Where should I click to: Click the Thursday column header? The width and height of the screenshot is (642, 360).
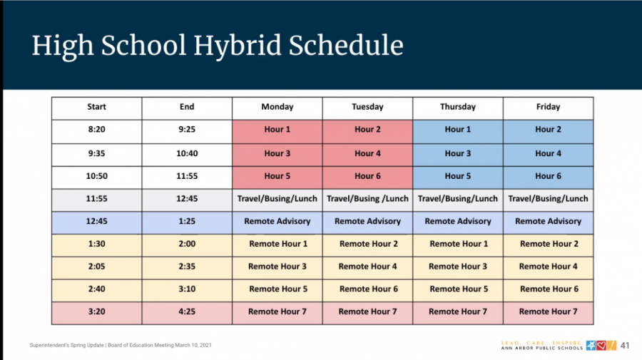[x=458, y=107]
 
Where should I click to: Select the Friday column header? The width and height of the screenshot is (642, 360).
[x=548, y=107]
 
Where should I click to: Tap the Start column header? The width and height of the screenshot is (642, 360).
[x=96, y=107]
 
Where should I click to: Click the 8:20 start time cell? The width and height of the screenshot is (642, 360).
[x=96, y=130]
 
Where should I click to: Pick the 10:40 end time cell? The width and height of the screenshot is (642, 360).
[x=187, y=153]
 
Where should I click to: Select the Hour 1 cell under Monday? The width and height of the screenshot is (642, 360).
[x=277, y=130]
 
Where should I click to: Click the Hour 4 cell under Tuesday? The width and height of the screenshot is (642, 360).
[x=367, y=153]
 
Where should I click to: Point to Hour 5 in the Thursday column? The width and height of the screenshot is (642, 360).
[x=458, y=176]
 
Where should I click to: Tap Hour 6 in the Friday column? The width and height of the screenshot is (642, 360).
[x=548, y=176]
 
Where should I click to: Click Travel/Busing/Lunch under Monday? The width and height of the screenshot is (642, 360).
[x=277, y=198]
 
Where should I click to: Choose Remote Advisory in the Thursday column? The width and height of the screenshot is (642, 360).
[x=458, y=221]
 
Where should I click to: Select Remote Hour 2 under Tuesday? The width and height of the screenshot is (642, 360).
[x=367, y=244]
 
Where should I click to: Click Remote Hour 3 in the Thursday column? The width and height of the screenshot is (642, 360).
[x=458, y=267]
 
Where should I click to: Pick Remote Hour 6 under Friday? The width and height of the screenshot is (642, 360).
[x=548, y=289]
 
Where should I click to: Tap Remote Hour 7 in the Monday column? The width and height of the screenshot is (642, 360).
[x=277, y=312]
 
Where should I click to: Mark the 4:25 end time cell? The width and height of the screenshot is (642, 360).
[x=187, y=312]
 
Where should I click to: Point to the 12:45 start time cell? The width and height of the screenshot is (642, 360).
[x=96, y=221]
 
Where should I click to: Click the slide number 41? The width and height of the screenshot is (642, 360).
[x=626, y=346]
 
